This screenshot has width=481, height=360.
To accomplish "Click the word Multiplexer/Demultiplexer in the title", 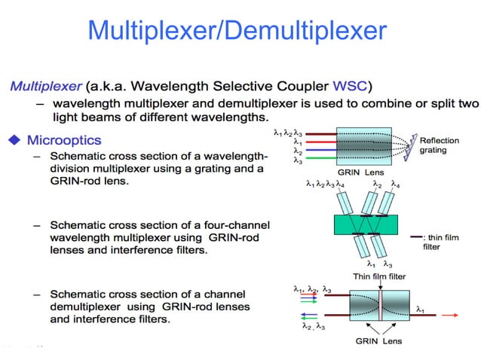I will coord(237,30).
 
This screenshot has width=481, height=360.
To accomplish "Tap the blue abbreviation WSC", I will coord(354,85).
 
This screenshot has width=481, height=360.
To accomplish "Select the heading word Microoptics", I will coord(63,140).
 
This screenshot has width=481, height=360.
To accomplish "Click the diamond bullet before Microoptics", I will coord(13,140).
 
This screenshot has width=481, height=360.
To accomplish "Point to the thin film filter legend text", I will coord(441,241).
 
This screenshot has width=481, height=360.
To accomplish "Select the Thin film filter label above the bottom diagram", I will coord(379,276).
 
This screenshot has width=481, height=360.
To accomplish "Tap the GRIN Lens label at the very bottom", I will coord(378,341).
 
